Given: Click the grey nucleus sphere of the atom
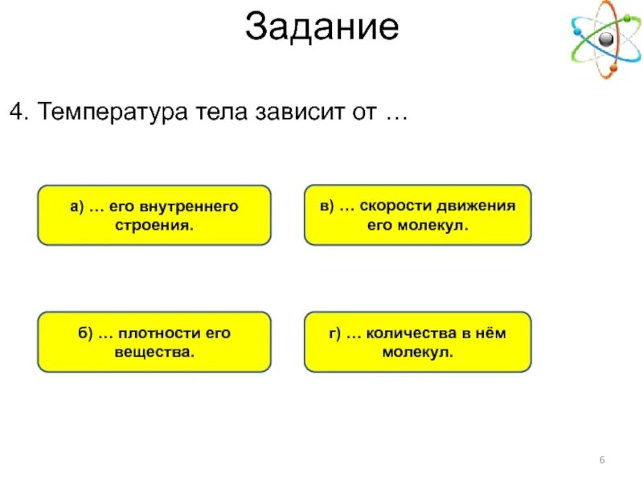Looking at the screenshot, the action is coord(604,39).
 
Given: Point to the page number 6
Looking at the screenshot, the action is coord(601,459).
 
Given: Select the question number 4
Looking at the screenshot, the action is coord(15,112).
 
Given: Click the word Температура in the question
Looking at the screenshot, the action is coord(108,112).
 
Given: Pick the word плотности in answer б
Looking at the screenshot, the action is coord(161,333).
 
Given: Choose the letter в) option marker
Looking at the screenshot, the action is coord(326,206).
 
